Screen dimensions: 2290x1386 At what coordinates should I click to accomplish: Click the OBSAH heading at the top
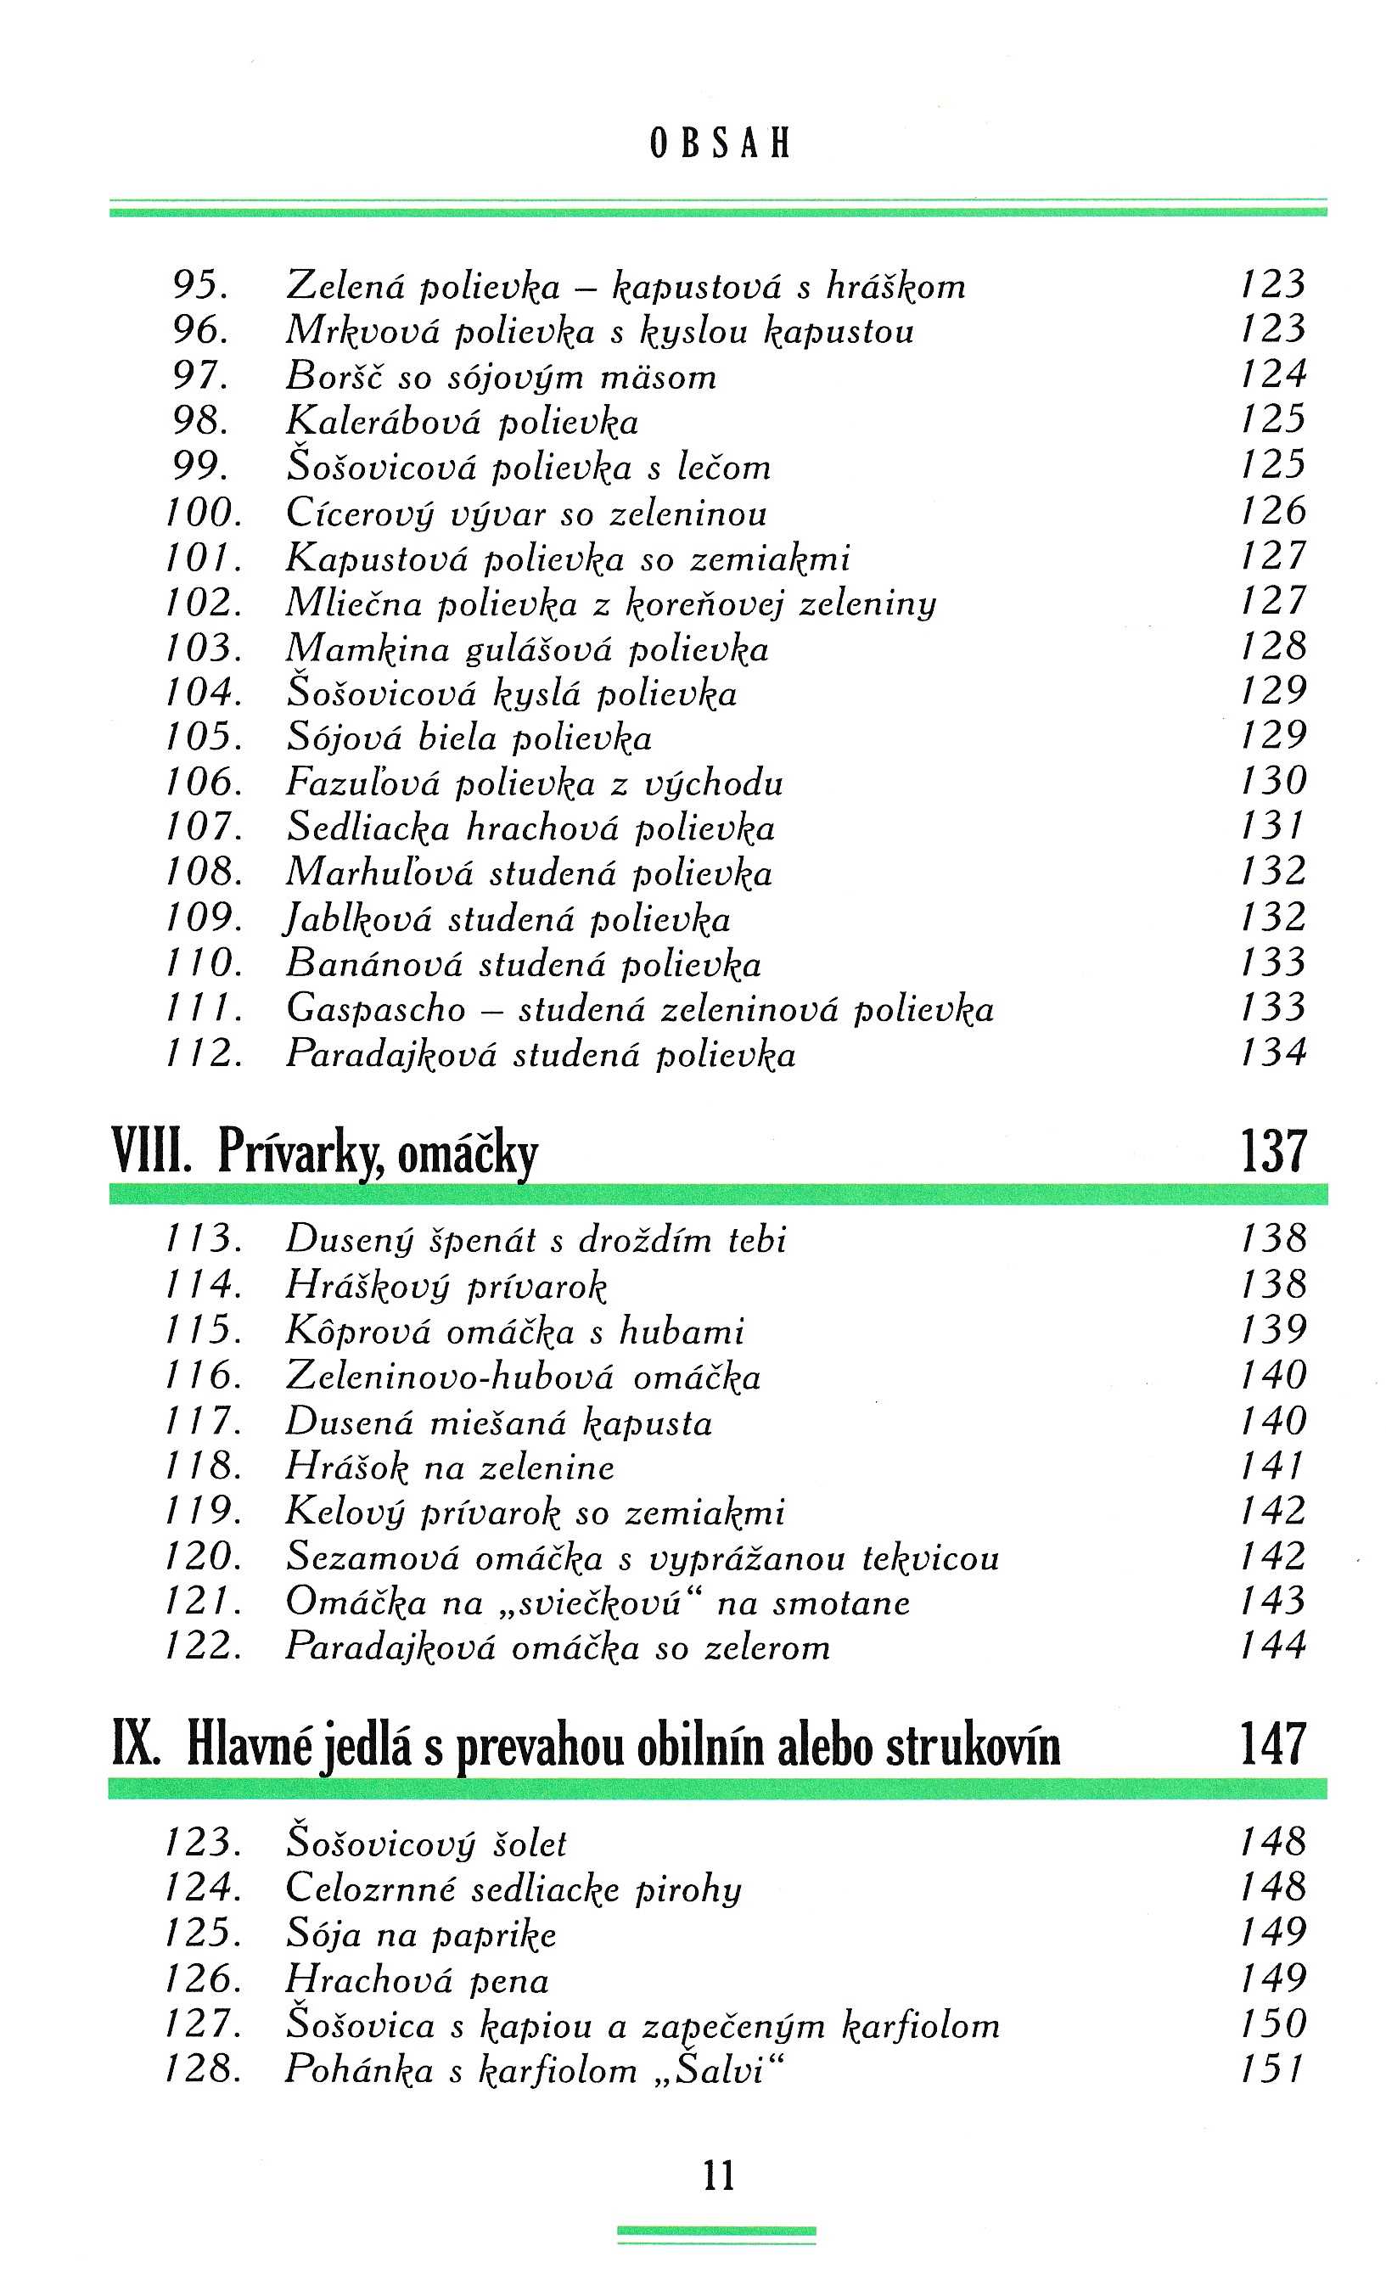coord(721,144)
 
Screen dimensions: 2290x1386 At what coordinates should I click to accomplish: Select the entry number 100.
coord(205,512)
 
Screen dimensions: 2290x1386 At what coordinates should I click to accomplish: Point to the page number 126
coord(1273,510)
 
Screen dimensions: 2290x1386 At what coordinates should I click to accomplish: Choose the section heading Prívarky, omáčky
coord(378,1153)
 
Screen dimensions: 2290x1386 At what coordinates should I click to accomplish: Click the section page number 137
coord(1273,1151)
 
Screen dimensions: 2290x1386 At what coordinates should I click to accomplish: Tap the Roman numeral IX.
coord(137,1743)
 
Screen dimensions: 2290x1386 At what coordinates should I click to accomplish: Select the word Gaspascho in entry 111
coord(375,1009)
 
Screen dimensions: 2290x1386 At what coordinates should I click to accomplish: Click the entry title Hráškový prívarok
coord(446,1285)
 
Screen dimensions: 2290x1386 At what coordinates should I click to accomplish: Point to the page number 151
coord(1273,2068)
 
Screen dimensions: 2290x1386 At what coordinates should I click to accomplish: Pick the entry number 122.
coord(205,1646)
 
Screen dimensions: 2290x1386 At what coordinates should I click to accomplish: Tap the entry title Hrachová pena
coord(418,1978)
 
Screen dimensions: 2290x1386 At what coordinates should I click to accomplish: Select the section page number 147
coord(1273,1743)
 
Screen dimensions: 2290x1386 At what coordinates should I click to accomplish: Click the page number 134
coord(1273,1053)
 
